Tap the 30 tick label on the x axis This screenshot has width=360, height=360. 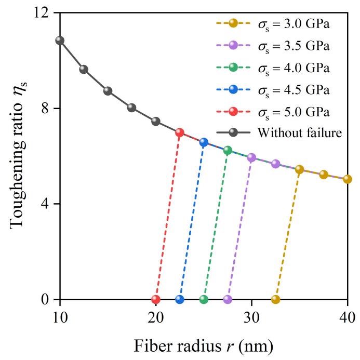pyautogui.click(x=251, y=318)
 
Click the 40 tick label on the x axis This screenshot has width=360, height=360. pyautogui.click(x=347, y=318)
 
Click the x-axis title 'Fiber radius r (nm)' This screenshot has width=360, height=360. pyautogui.click(x=203, y=345)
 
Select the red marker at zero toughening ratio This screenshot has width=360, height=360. pyautogui.click(x=156, y=299)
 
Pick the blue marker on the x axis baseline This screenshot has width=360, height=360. pyautogui.click(x=180, y=299)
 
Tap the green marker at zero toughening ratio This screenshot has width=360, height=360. pyautogui.click(x=204, y=299)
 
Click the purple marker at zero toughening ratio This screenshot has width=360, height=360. pyautogui.click(x=228, y=299)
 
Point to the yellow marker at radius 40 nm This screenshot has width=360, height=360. pyautogui.click(x=347, y=179)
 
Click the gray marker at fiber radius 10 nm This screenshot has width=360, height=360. pyautogui.click(x=60, y=40)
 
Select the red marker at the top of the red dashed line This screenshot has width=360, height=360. pyautogui.click(x=180, y=132)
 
